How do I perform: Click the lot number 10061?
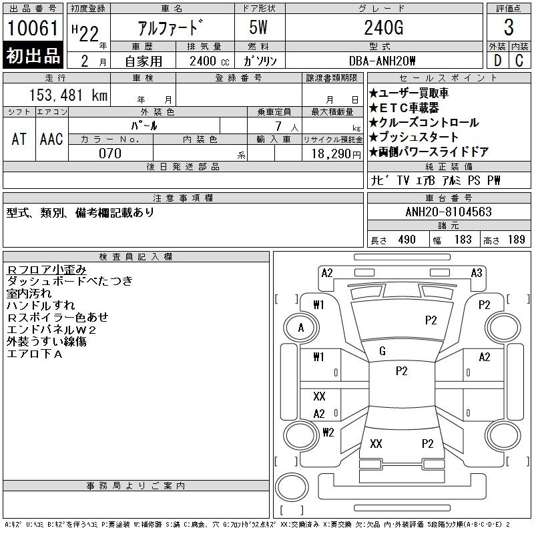pyautogui.click(x=33, y=27)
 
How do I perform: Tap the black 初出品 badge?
pyautogui.click(x=33, y=55)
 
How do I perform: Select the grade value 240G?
pyautogui.click(x=384, y=27)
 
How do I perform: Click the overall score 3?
pyautogui.click(x=509, y=27)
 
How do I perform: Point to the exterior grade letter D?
pyautogui.click(x=497, y=61)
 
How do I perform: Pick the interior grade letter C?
pyautogui.click(x=519, y=61)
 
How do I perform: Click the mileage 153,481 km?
pyautogui.click(x=68, y=95)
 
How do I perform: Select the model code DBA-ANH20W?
pyautogui.click(x=382, y=61)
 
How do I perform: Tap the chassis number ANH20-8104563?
pyautogui.click(x=449, y=212)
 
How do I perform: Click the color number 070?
pyautogui.click(x=110, y=154)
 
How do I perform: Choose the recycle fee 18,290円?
pyautogui.click(x=336, y=154)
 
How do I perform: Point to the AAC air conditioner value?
pyautogui.click(x=51, y=139)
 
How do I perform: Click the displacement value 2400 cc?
pyautogui.click(x=210, y=61)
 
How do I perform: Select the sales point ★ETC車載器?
pyautogui.click(x=404, y=108)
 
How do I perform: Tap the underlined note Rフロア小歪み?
pyautogui.click(x=47, y=270)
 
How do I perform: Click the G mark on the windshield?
pyautogui.click(x=382, y=351)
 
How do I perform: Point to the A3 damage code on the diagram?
pyautogui.click(x=477, y=273)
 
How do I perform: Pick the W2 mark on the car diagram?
pyautogui.click(x=328, y=432)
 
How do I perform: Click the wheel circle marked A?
pyautogui.click(x=301, y=328)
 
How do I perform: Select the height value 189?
pyautogui.click(x=516, y=240)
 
